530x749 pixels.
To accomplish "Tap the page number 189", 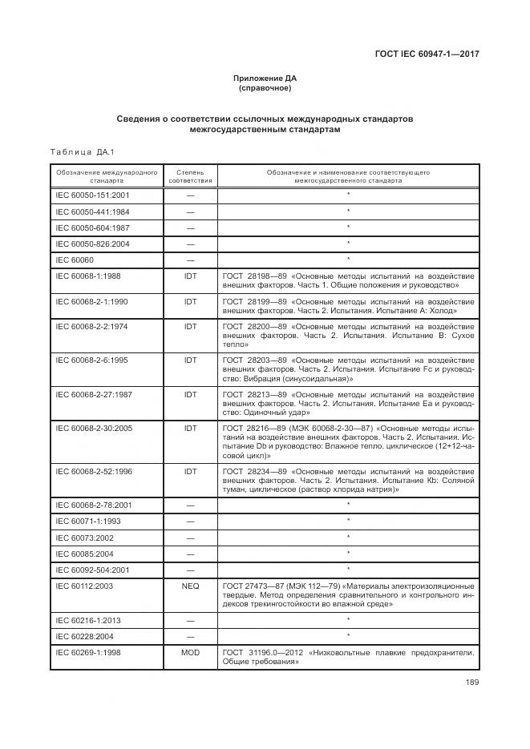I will (x=471, y=683).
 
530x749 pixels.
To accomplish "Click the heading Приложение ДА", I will (x=265, y=79).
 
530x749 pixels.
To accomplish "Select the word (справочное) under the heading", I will (x=265, y=88).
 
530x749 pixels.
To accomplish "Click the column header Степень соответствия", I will (x=190, y=176).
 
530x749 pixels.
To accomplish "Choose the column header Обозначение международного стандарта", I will (x=106, y=176).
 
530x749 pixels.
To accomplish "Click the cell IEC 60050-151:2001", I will (x=92, y=195).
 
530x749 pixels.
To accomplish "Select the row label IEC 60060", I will (x=73, y=260).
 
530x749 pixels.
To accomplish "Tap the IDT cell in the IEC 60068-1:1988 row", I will (x=190, y=276).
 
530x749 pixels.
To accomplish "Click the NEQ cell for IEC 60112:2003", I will (x=190, y=586).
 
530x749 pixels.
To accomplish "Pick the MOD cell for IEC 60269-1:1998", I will (x=190, y=653).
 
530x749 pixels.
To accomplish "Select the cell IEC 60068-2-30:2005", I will (x=94, y=429).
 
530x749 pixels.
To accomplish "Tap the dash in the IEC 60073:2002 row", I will (x=190, y=538).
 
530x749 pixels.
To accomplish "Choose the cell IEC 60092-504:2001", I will (x=92, y=570).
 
